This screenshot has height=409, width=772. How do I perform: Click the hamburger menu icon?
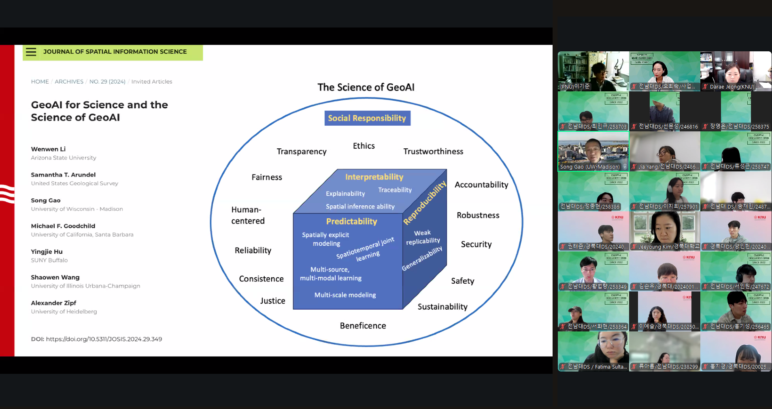31,52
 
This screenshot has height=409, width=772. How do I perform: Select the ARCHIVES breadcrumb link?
69,82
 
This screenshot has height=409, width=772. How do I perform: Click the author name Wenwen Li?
48,149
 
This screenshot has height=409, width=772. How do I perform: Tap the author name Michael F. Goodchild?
63,226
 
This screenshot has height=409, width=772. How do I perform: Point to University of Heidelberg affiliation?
64,312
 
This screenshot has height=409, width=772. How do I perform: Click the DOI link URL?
104,339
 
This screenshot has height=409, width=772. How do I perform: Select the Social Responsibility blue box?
367,118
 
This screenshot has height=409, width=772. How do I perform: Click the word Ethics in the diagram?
364,146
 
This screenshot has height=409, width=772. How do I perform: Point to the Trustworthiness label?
433,152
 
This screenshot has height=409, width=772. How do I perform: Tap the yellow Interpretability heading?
374,177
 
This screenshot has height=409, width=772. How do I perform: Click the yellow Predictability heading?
351,221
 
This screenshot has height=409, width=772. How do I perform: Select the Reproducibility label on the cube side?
425,202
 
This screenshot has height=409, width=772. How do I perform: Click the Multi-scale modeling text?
345,295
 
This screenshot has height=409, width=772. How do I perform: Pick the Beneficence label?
363,326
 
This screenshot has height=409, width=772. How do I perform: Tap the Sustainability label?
442,307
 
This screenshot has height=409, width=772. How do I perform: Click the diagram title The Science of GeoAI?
366,87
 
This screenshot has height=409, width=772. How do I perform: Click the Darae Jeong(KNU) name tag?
732,86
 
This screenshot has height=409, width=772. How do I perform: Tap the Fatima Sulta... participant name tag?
597,367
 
